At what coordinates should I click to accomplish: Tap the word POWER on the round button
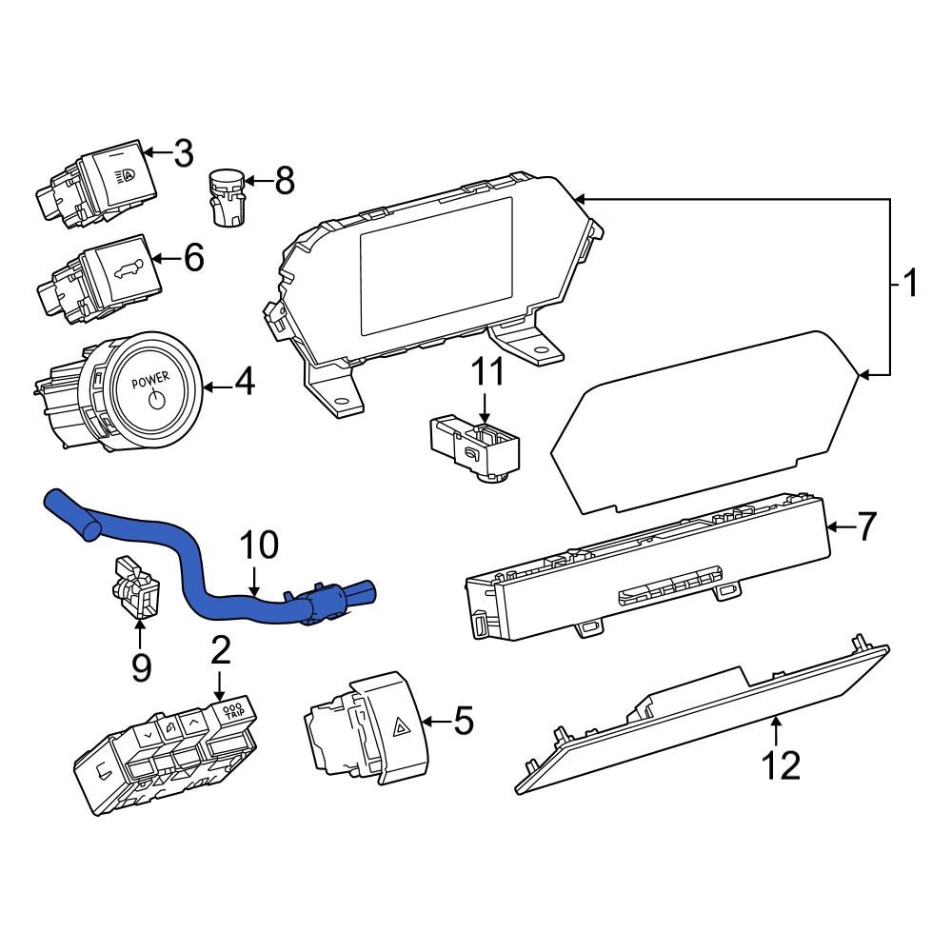(x=150, y=381)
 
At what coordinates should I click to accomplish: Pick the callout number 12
(x=782, y=764)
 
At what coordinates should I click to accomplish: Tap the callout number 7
(x=864, y=526)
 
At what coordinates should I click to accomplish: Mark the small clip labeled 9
(x=135, y=585)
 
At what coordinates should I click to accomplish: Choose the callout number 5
(x=463, y=722)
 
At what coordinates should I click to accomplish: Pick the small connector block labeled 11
(x=474, y=446)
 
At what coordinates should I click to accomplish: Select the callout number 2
(x=220, y=652)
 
